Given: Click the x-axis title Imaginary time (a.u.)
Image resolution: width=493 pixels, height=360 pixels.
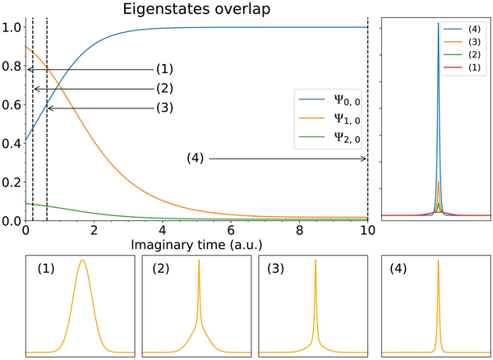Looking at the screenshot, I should click(x=196, y=245).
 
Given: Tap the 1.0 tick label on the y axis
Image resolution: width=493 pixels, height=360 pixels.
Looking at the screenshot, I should click(x=12, y=27).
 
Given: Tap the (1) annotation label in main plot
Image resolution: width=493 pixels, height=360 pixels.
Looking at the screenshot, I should click(x=164, y=69).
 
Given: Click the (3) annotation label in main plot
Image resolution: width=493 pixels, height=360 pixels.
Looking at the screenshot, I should click(x=164, y=108).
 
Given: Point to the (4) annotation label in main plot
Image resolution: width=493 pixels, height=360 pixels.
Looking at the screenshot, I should click(x=196, y=158).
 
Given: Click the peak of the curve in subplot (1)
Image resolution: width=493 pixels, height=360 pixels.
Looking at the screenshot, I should click(x=82, y=261).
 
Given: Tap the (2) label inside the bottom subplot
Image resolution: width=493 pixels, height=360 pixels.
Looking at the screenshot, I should click(x=160, y=269).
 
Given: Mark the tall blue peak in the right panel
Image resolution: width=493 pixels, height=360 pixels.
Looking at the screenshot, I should click(x=438, y=25).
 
